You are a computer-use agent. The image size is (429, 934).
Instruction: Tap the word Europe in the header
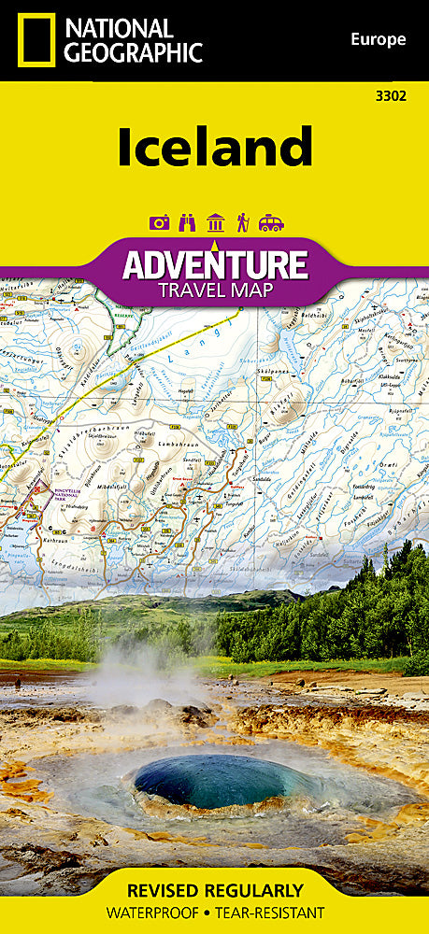pos(378,39)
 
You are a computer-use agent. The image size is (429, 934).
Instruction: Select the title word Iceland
pos(214,148)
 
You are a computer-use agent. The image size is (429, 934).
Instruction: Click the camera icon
pos(160,222)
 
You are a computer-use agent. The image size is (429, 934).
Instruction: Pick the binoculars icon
pos(187,222)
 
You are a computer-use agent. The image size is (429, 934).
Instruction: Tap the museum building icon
pos(215,222)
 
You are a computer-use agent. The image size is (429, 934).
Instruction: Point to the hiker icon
pos(242,222)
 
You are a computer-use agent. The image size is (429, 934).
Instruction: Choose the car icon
pos(271,222)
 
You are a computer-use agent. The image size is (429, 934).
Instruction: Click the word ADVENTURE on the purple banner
pos(214,263)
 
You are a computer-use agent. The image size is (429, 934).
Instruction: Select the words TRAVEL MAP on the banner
pos(214,290)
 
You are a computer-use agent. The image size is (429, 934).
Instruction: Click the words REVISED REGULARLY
pos(214,889)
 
